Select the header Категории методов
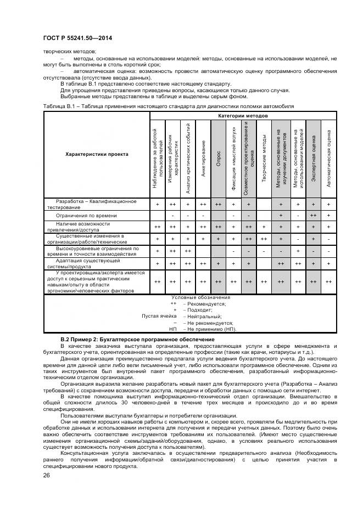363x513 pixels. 243,116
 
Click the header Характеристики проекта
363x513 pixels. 97,154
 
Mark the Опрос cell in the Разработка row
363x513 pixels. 219,204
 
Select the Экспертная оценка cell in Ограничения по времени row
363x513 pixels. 314,216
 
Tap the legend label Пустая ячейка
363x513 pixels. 159,316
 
